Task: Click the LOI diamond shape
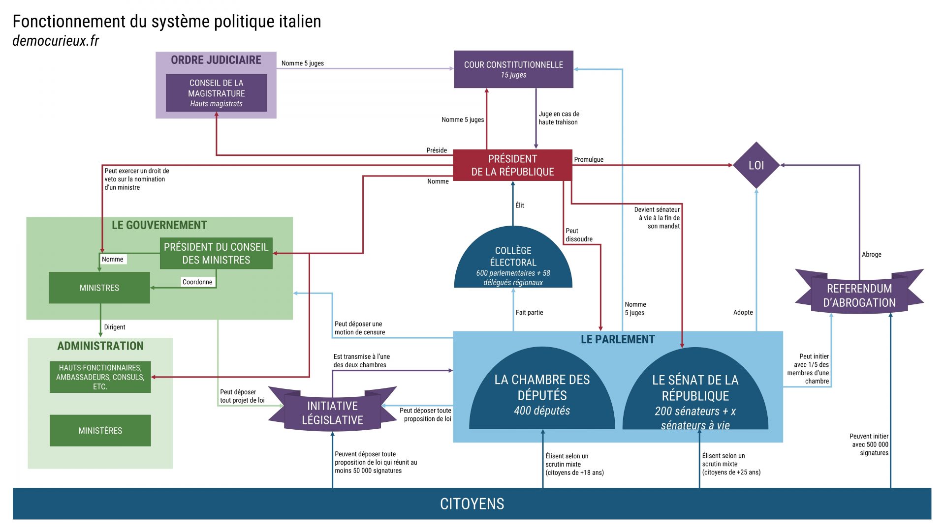[x=756, y=165]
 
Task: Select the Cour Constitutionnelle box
[x=513, y=69]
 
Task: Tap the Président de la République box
[x=512, y=165]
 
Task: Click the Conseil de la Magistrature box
[x=216, y=93]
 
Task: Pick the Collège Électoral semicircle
[x=513, y=261]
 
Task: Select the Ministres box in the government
[x=99, y=288]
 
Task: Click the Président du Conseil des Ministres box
[x=216, y=253]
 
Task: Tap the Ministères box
[x=100, y=430]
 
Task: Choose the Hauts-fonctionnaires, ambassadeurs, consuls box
[x=100, y=377]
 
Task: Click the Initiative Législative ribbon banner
[x=332, y=412]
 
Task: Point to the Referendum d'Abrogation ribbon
[x=859, y=295]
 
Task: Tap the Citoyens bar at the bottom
[x=472, y=503]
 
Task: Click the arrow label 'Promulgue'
[x=588, y=159]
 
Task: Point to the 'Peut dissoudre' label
[x=579, y=235]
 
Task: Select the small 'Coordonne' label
[x=197, y=282]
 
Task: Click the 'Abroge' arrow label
[x=871, y=254]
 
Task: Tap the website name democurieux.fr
[x=56, y=41]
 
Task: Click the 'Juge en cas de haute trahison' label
[x=559, y=118]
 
